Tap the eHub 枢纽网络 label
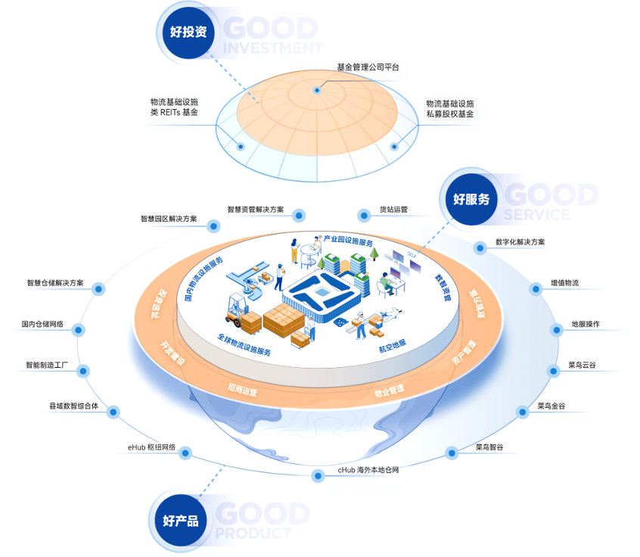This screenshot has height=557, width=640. click(151, 448)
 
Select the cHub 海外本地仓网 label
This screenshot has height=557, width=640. click(368, 470)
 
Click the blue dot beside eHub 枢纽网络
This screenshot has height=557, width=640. click(185, 453)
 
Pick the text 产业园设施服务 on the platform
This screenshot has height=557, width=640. click(349, 241)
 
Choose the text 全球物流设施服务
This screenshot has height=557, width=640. click(244, 345)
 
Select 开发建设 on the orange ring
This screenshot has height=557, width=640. click(172, 353)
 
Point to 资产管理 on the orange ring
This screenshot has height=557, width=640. click(464, 356)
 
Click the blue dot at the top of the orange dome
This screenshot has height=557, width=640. click(317, 90)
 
